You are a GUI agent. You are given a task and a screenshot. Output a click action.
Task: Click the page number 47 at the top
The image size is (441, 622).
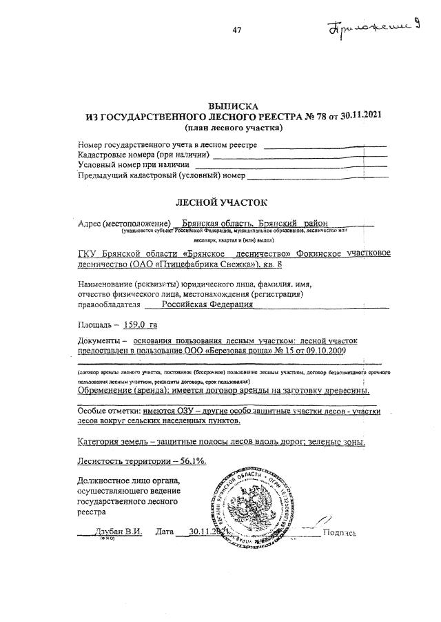click(236, 30)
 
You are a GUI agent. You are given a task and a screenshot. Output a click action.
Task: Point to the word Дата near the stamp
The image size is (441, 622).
click(165, 532)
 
